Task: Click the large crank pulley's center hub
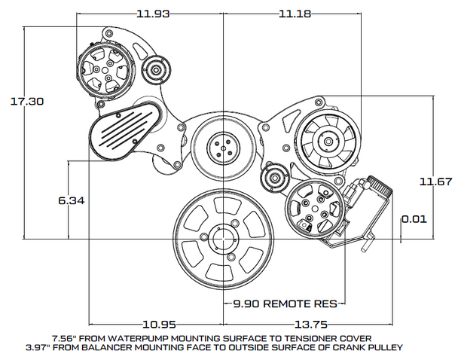[224, 239]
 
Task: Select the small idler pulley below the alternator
[273, 181]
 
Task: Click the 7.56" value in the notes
[65, 338]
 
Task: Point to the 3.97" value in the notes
[65, 347]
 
